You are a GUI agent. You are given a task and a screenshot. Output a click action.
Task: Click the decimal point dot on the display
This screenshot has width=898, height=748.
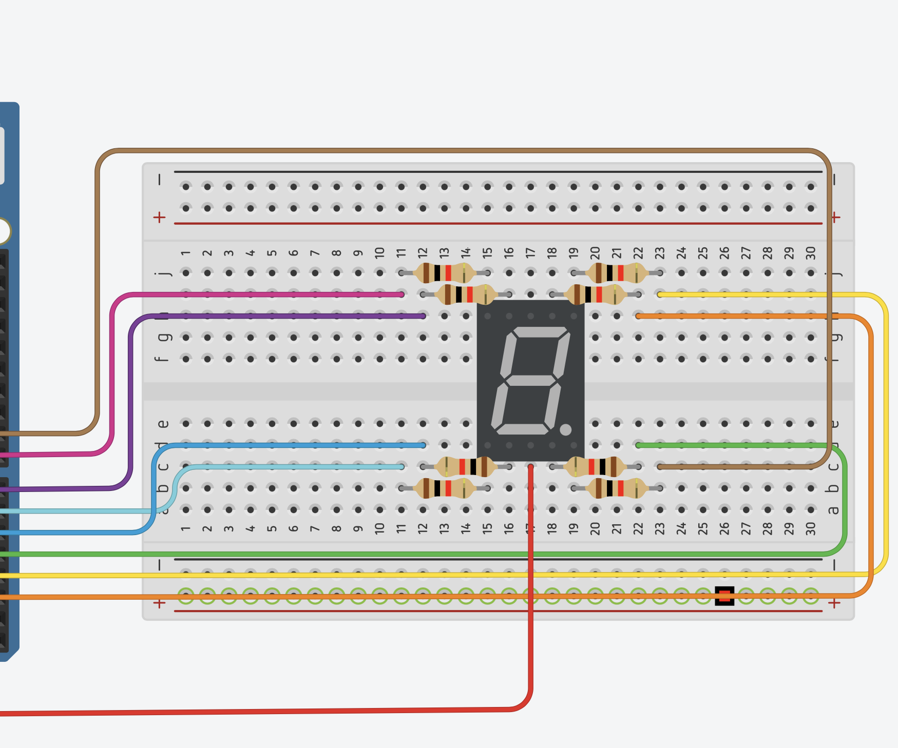point(565,430)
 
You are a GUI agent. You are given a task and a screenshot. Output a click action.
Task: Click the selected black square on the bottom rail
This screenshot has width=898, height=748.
point(724,596)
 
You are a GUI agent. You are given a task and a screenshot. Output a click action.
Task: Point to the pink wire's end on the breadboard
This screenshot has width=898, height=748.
point(401,294)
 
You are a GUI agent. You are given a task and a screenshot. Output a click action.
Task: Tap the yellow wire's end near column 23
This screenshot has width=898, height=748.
point(660,294)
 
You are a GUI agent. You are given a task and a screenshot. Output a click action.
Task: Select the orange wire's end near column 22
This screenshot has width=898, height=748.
point(639,316)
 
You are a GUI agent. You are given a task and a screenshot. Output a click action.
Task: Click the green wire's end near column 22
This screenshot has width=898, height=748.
point(639,445)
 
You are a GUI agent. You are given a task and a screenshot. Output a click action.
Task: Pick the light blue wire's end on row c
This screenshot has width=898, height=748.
point(401,466)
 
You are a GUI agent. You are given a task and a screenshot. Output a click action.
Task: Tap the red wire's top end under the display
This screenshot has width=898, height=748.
point(530,467)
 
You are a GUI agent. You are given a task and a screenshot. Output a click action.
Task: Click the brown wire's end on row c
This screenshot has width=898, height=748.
point(660,467)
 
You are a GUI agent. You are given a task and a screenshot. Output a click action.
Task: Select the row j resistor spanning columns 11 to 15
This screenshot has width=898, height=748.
point(445,273)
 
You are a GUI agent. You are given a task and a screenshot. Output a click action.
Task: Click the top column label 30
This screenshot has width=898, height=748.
point(811,253)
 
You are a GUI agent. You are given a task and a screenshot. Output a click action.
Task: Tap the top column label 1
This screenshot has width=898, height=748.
point(185,253)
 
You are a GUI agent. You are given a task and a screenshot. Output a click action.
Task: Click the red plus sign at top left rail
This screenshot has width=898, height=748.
point(159,218)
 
